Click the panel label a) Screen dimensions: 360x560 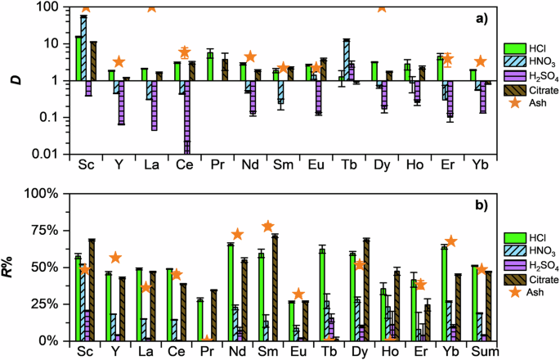click(477, 17)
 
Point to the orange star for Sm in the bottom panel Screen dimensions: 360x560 click(290, 226)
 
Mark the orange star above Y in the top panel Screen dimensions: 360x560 click(119, 62)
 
